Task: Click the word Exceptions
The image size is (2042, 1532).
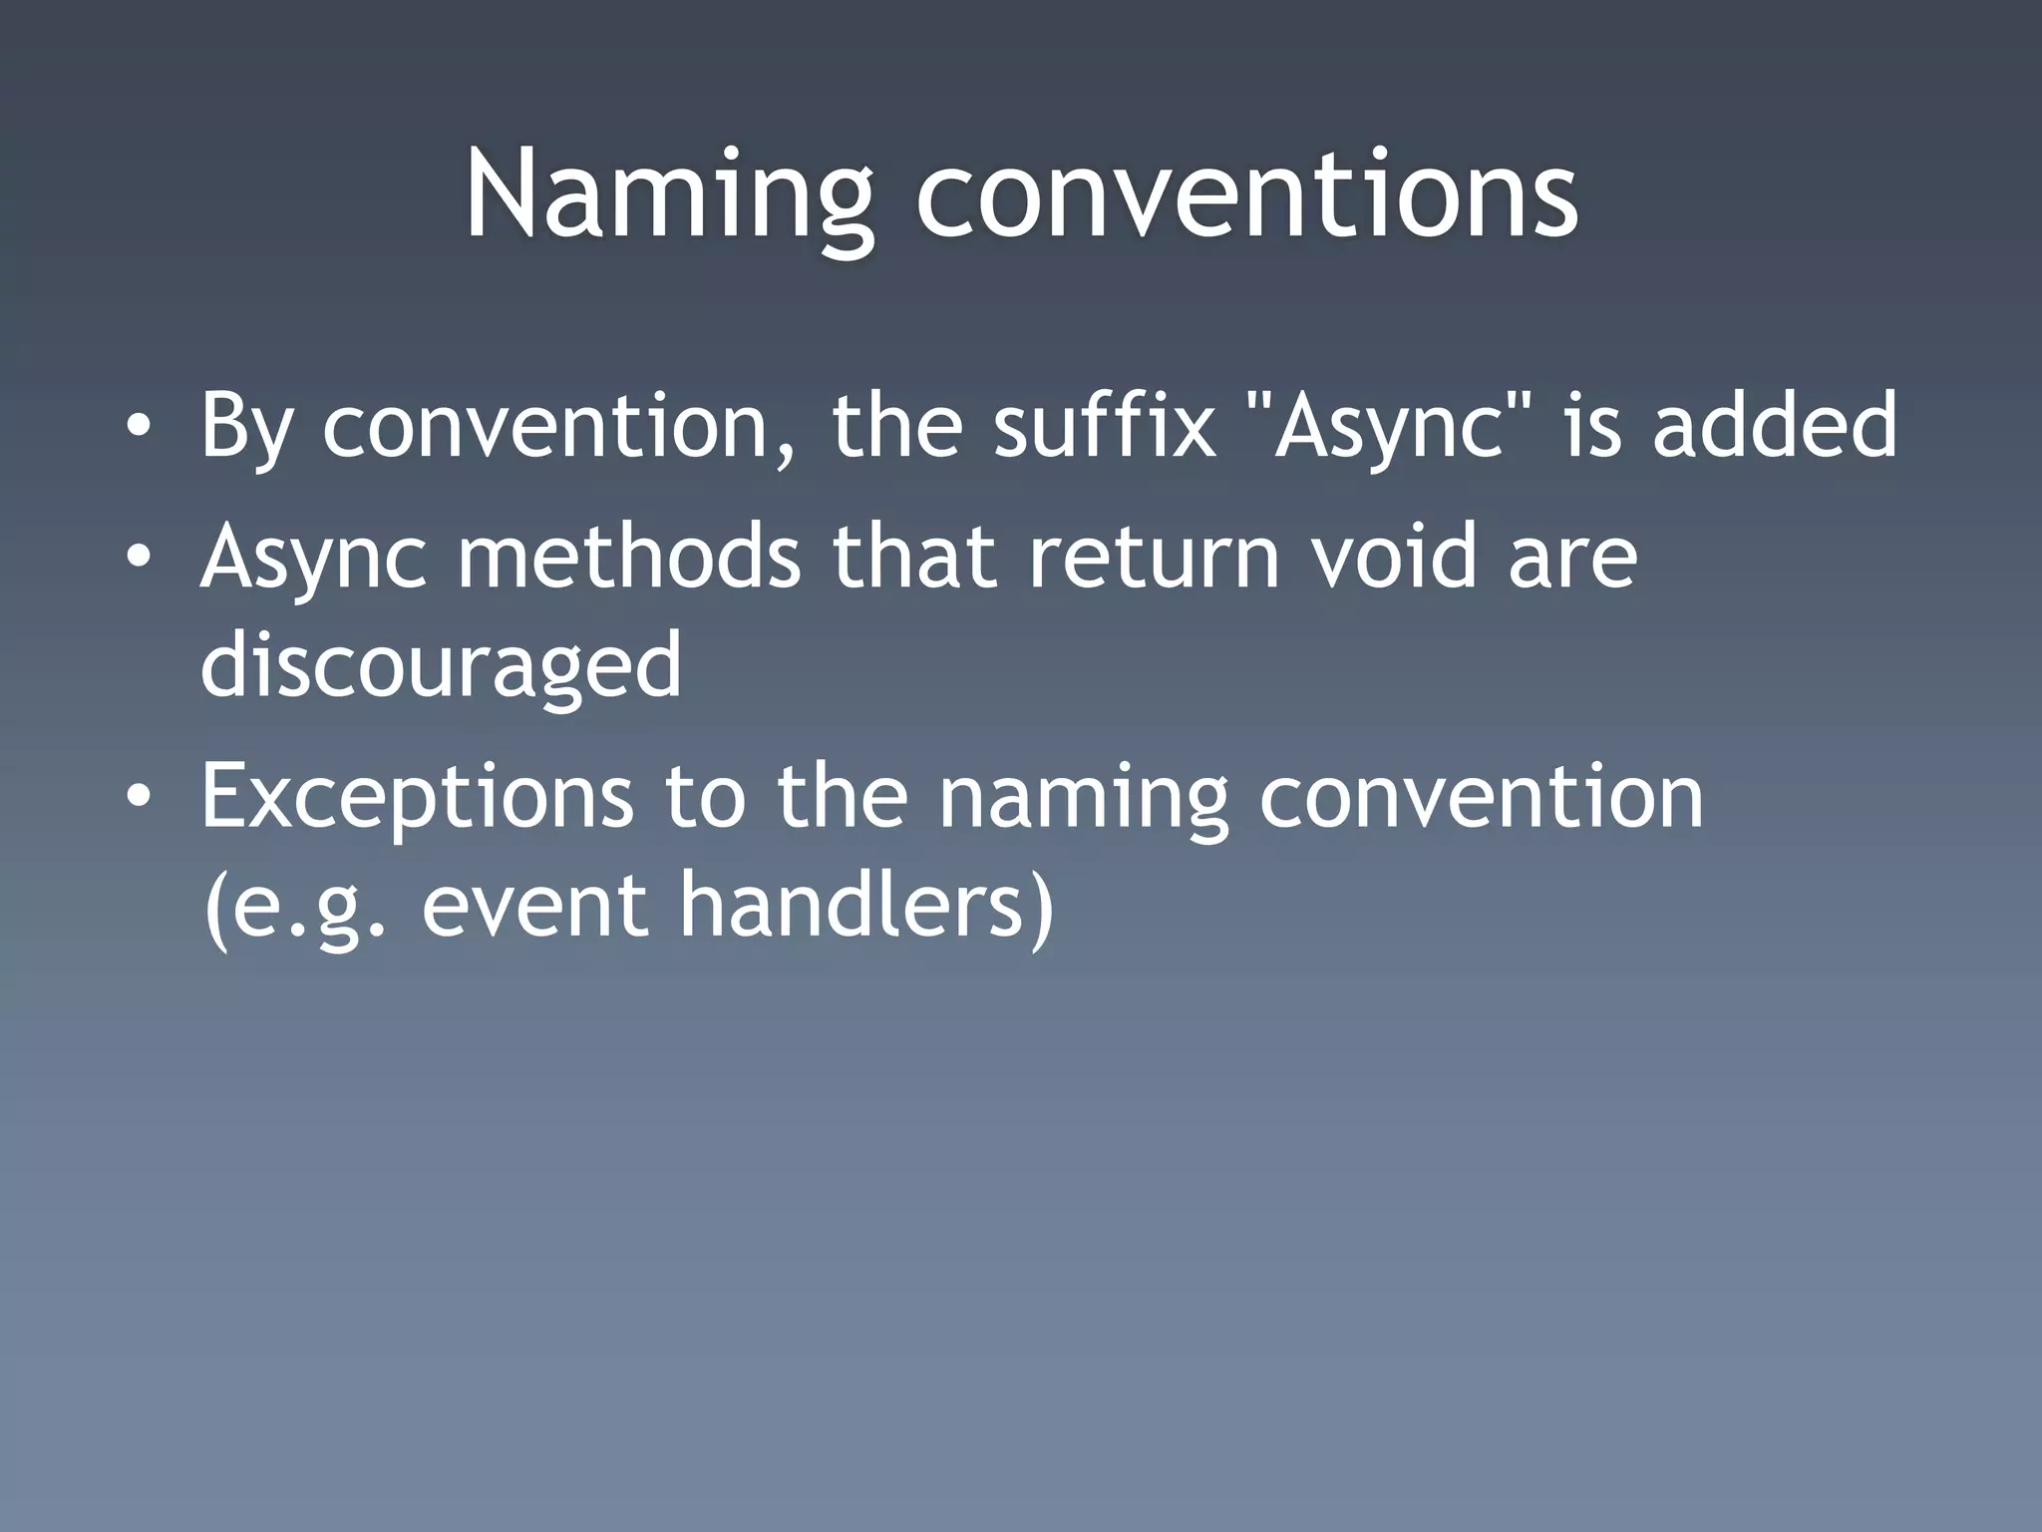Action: point(417,797)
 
